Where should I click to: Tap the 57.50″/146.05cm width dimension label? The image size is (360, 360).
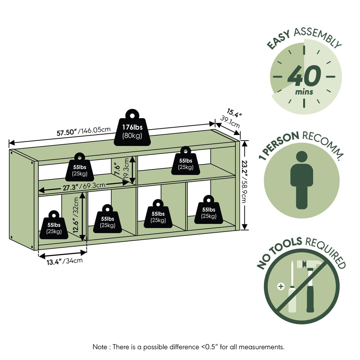click(x=84, y=131)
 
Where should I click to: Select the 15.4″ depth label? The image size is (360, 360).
click(x=234, y=113)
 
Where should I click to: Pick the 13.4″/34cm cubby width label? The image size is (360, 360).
click(x=65, y=261)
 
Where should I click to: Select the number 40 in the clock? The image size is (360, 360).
click(x=304, y=76)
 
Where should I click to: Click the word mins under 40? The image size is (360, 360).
click(x=304, y=92)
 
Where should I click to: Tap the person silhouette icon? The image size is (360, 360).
click(x=302, y=180)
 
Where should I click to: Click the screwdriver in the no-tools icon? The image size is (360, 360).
click(x=292, y=287)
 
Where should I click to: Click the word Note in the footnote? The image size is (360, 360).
click(x=100, y=347)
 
